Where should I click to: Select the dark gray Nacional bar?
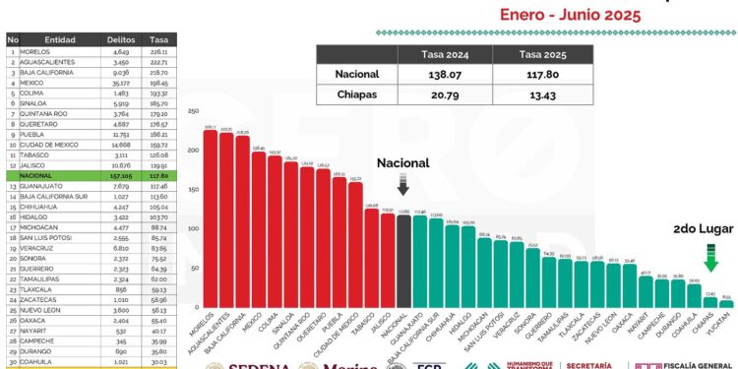(403, 261)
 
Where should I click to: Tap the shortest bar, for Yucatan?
(726, 303)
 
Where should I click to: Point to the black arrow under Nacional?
(403, 185)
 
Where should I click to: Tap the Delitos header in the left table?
(120, 39)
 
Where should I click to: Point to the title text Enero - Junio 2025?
(571, 15)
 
